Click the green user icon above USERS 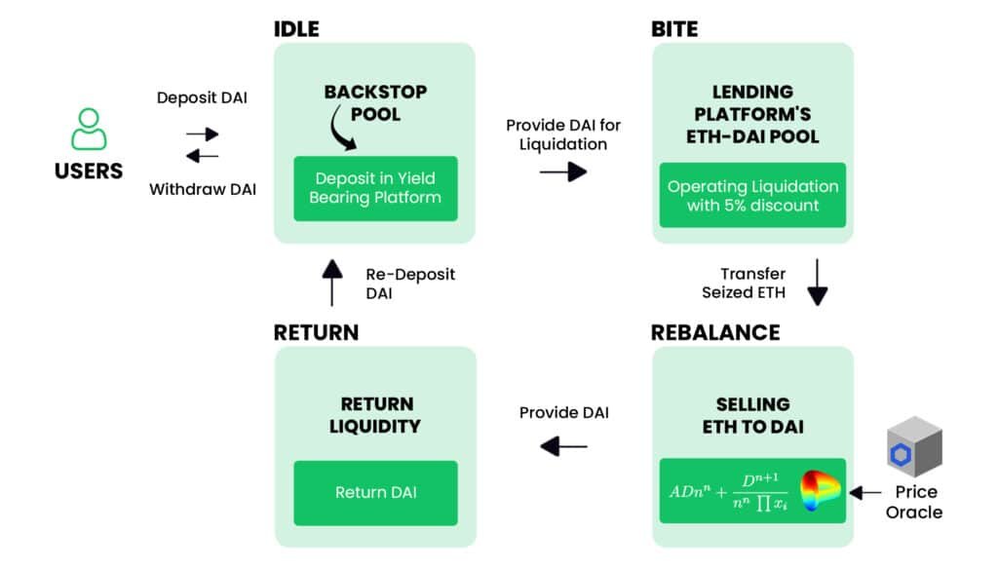(x=89, y=130)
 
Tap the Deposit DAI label (x=202, y=98)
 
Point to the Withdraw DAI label (x=203, y=190)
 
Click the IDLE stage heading (x=296, y=29)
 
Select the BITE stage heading (x=674, y=29)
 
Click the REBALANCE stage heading (x=715, y=332)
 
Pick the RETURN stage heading (x=317, y=332)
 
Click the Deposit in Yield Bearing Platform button (x=375, y=188)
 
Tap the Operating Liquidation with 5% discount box (x=753, y=195)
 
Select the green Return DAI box (x=375, y=493)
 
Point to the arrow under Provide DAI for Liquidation (x=563, y=171)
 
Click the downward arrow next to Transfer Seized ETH (x=818, y=283)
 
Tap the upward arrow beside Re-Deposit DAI (x=331, y=283)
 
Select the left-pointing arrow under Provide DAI (x=563, y=446)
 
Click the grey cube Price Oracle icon (x=914, y=446)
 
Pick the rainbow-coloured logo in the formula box (x=820, y=490)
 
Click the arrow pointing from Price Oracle (x=865, y=492)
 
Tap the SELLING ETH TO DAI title (x=753, y=416)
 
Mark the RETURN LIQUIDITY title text (x=375, y=415)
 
